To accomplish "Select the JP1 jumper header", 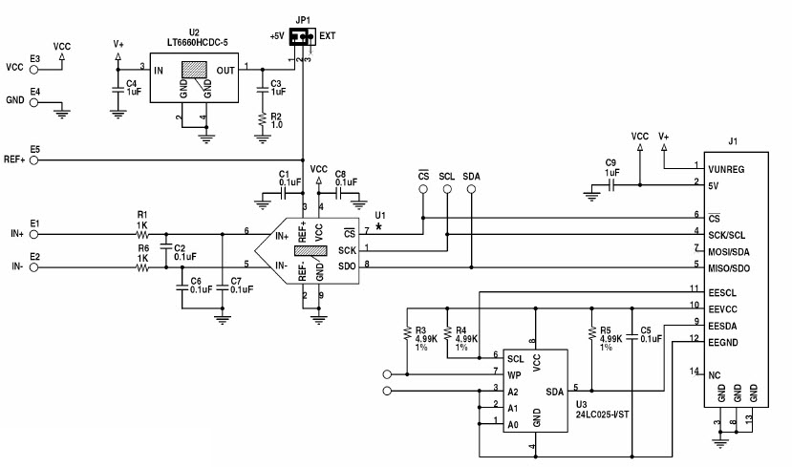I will coord(302,38).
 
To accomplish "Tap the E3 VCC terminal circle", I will coord(34,68).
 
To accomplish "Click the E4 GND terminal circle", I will coord(34,100).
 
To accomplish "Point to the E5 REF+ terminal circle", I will coord(34,159).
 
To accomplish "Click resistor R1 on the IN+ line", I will coord(143,233).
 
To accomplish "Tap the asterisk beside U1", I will coord(379,227).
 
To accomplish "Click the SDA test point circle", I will coord(471,190).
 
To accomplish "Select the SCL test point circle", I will coord(446,190).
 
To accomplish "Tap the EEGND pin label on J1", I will coord(728,340).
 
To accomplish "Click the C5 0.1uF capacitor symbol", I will coord(631,335).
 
